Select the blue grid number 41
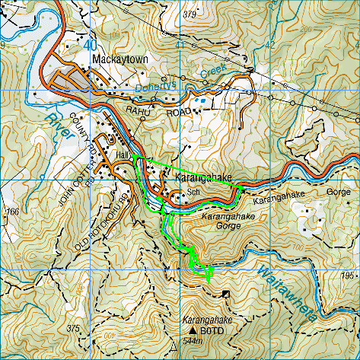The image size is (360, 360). pyautogui.click(x=180, y=46)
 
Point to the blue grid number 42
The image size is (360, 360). pyautogui.click(x=269, y=46)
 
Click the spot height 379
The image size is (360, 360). pyautogui.click(x=190, y=14)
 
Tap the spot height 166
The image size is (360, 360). pyautogui.click(x=11, y=211)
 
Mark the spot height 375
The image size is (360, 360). pyautogui.click(x=72, y=328)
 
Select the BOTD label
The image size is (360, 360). pyautogui.click(x=212, y=332)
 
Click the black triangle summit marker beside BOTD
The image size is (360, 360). pyautogui.click(x=193, y=332)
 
